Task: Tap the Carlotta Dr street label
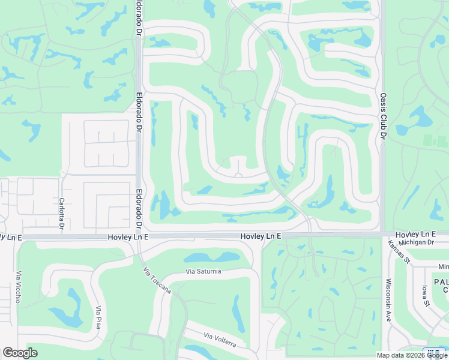coord(61,214)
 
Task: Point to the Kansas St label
coord(399,253)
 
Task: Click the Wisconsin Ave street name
coord(388,300)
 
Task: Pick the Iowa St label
coord(426,295)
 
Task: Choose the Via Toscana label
coord(157,280)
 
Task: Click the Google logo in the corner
coord(20,353)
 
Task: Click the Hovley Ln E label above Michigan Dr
coord(415,233)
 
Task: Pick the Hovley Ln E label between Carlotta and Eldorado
coord(127,237)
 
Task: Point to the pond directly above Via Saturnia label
coord(211,258)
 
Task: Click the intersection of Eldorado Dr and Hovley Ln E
coord(139,236)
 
